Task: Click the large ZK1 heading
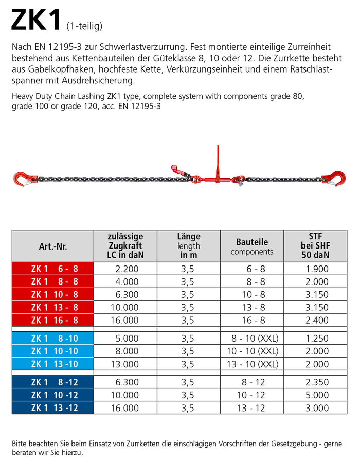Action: tap(36, 20)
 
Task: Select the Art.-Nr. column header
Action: tap(53, 246)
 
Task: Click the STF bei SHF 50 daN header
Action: tap(315, 246)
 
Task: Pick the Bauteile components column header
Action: tap(252, 246)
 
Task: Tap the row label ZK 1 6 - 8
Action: tap(53, 268)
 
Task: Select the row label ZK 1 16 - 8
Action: tap(53, 320)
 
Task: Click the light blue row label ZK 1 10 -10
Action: tap(53, 351)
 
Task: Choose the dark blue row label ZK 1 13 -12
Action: tap(53, 408)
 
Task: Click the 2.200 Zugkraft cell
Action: tap(125, 268)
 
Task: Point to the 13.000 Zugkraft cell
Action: tap(125, 364)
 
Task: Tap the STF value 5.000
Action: tap(315, 395)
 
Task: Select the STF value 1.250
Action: tap(315, 339)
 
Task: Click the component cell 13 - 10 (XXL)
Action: tap(251, 364)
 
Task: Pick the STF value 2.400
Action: tap(315, 320)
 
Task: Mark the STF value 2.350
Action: tap(315, 382)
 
